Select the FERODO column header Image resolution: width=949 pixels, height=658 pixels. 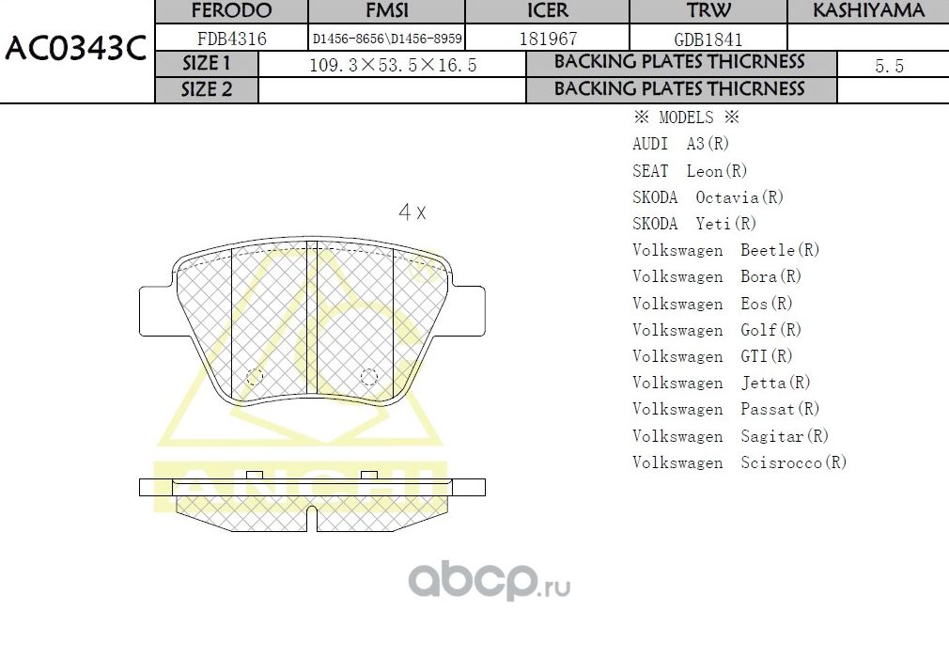click(231, 11)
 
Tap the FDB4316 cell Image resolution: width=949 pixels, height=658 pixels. click(231, 39)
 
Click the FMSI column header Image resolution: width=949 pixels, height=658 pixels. click(386, 11)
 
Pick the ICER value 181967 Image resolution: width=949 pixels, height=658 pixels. click(548, 39)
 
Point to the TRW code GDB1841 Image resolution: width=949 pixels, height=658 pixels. click(708, 39)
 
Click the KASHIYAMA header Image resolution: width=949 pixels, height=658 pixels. click(868, 11)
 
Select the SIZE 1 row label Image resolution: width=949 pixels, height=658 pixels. click(206, 64)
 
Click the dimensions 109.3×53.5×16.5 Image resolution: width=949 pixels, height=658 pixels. click(393, 65)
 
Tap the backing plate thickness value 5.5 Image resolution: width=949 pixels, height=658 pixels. click(888, 65)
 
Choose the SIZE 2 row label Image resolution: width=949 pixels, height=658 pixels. click(206, 90)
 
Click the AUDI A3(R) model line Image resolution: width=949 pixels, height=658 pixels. click(680, 144)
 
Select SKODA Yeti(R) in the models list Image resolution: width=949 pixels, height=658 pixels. click(693, 224)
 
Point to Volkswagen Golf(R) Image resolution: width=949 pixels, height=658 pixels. click(716, 330)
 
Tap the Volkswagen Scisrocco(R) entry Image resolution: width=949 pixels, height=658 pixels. click(739, 462)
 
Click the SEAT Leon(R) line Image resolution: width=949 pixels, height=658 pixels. click(690, 171)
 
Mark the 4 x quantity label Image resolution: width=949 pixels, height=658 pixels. click(412, 212)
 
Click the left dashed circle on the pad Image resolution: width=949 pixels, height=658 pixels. click(254, 377)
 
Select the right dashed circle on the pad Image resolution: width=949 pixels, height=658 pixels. click(369, 377)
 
